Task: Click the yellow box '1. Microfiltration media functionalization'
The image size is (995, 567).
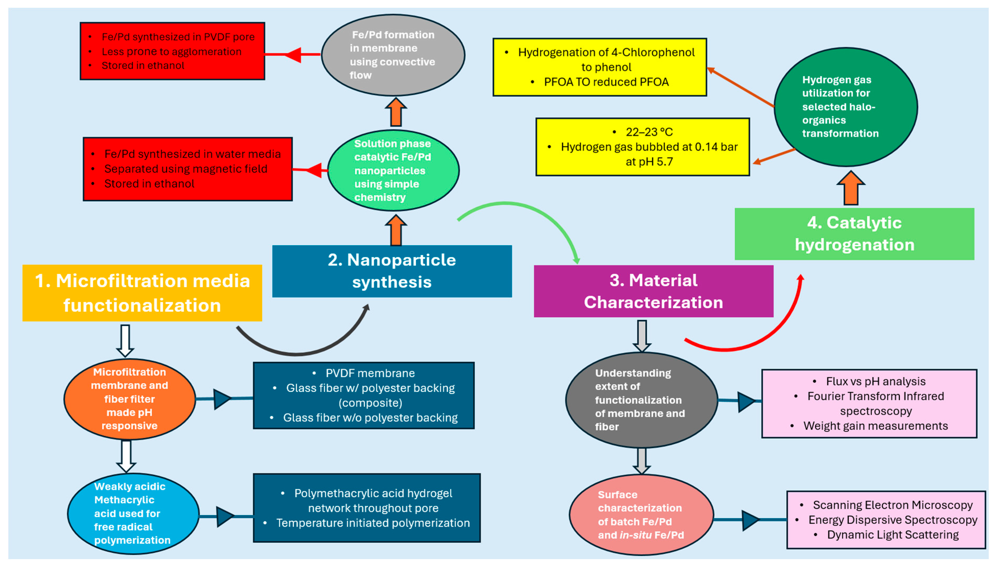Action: [x=142, y=293]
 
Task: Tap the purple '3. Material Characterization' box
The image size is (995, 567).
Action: [x=653, y=291]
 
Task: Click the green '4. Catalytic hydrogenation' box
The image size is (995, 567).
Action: [x=854, y=234]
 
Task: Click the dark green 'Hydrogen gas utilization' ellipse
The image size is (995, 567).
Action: [x=846, y=107]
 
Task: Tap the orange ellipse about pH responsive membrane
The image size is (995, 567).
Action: [x=130, y=399]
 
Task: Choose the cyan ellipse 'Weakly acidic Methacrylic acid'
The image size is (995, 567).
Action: [x=133, y=513]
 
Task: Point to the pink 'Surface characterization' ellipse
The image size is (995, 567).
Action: [x=641, y=515]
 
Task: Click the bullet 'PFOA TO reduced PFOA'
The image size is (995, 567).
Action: [x=606, y=82]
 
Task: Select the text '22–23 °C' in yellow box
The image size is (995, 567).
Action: [x=649, y=132]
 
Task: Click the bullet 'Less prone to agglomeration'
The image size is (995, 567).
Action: [x=171, y=51]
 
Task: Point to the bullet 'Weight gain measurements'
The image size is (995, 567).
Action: [x=875, y=426]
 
